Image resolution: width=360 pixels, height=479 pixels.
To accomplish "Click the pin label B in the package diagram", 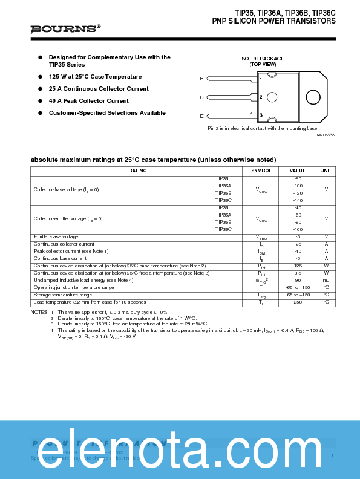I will pos(201,79).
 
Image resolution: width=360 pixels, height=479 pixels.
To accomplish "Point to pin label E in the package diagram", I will pos(201,116).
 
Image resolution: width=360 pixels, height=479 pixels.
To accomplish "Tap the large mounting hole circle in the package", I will pos(313,97).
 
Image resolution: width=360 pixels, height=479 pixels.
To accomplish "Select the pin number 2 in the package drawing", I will pos(261,97).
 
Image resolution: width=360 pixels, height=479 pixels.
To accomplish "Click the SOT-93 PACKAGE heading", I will pos(263,59).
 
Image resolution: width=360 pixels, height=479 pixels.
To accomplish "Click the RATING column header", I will pos(137,171).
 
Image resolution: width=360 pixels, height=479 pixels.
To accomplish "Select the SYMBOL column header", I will pos(261,171).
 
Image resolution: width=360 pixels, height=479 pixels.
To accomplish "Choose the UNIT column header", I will pos(326,171).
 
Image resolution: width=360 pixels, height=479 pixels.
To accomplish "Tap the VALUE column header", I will pos(298,171).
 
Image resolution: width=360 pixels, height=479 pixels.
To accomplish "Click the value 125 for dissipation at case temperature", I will pos(298,266).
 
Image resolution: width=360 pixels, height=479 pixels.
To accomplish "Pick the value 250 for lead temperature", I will pos(298,302).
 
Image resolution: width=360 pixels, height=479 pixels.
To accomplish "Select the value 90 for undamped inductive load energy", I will pos(298,280).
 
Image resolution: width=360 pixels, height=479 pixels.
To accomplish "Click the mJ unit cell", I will pos(326,280).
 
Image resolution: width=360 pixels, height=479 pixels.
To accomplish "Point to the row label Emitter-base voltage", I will pos(56,236).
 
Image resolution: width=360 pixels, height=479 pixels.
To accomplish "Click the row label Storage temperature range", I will pos(63,295).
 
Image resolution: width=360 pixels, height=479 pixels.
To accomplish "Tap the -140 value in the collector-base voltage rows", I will pos(298,200).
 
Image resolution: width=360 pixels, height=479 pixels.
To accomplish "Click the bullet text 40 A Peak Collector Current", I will pos(88,101).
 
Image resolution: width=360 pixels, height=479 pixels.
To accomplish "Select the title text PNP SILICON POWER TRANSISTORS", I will pos(273,21).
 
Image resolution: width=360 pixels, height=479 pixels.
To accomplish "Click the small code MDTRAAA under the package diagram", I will pos(325,135).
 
